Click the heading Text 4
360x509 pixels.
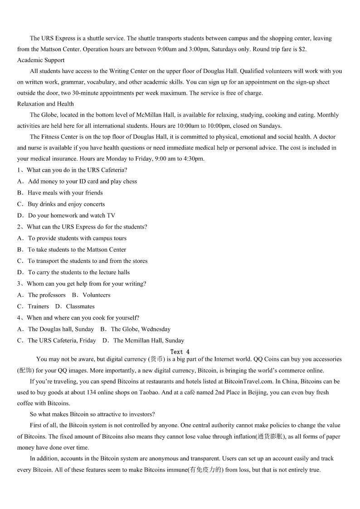pos(180,352)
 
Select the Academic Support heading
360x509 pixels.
pos(41,60)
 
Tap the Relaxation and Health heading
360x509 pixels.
pos(45,104)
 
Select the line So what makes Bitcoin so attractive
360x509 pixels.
pos(92,414)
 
